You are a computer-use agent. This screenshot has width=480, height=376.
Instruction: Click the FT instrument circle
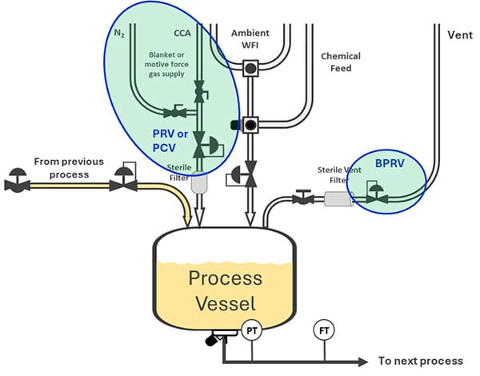pyautogui.click(x=325, y=330)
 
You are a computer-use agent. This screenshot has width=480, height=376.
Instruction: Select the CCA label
pyautogui.click(x=183, y=34)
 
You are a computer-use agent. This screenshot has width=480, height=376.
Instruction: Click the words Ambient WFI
pyautogui.click(x=250, y=38)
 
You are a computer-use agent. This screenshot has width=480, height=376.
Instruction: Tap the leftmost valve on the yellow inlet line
pyautogui.click(x=17, y=183)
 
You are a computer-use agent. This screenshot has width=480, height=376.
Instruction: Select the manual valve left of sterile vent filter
pyautogui.click(x=301, y=198)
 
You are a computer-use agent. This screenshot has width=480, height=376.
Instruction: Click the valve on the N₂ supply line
pyautogui.click(x=170, y=112)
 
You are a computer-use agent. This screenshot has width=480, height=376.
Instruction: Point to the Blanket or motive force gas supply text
pyautogui.click(x=167, y=62)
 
